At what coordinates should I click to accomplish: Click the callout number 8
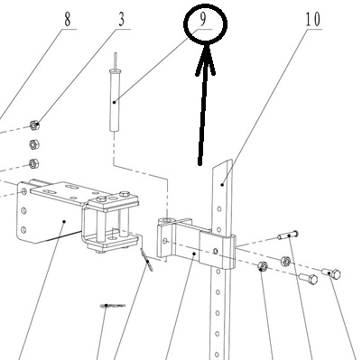click(67, 20)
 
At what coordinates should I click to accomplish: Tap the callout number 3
click(121, 20)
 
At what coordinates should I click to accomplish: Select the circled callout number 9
click(203, 20)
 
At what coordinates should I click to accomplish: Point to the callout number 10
click(313, 20)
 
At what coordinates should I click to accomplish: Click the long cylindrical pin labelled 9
click(115, 100)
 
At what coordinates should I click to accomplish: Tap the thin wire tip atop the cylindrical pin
click(115, 60)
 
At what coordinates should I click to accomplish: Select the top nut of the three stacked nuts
click(34, 125)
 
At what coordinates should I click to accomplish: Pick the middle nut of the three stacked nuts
click(34, 144)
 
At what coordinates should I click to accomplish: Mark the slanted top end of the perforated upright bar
click(223, 164)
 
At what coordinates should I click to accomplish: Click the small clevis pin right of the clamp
click(288, 235)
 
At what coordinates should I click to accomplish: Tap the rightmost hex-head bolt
click(331, 273)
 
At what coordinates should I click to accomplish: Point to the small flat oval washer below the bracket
click(113, 306)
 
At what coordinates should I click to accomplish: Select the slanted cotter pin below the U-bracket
click(146, 260)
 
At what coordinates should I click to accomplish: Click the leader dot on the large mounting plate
click(64, 221)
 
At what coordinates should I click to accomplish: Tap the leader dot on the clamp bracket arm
click(194, 254)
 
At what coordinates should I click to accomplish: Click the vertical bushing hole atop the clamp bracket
click(168, 221)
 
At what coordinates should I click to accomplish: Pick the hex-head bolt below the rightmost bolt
click(309, 279)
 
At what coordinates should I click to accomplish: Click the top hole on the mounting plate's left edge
click(23, 191)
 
